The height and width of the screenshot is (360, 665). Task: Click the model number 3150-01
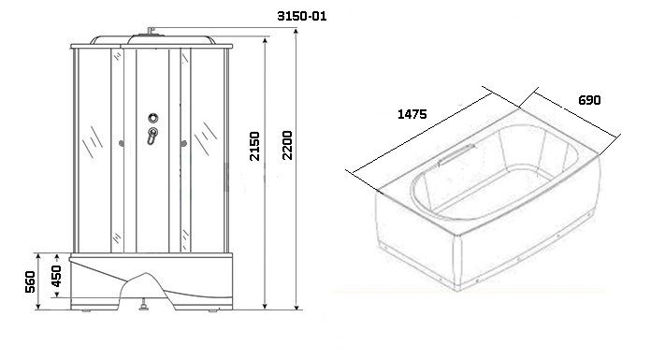coord(302,16)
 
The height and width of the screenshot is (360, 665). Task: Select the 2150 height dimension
coord(254,146)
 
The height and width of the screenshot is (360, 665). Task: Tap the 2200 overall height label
coord(287,145)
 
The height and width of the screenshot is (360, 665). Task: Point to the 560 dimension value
coord(30,281)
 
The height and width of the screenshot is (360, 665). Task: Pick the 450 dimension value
coord(56,276)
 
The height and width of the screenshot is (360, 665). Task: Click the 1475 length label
coord(412,114)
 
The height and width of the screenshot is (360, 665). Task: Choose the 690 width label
coord(589,100)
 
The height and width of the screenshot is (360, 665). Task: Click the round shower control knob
coord(153,118)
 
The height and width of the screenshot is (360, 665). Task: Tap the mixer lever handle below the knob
coord(152,136)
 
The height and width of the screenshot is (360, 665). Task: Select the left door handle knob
coord(122,144)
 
